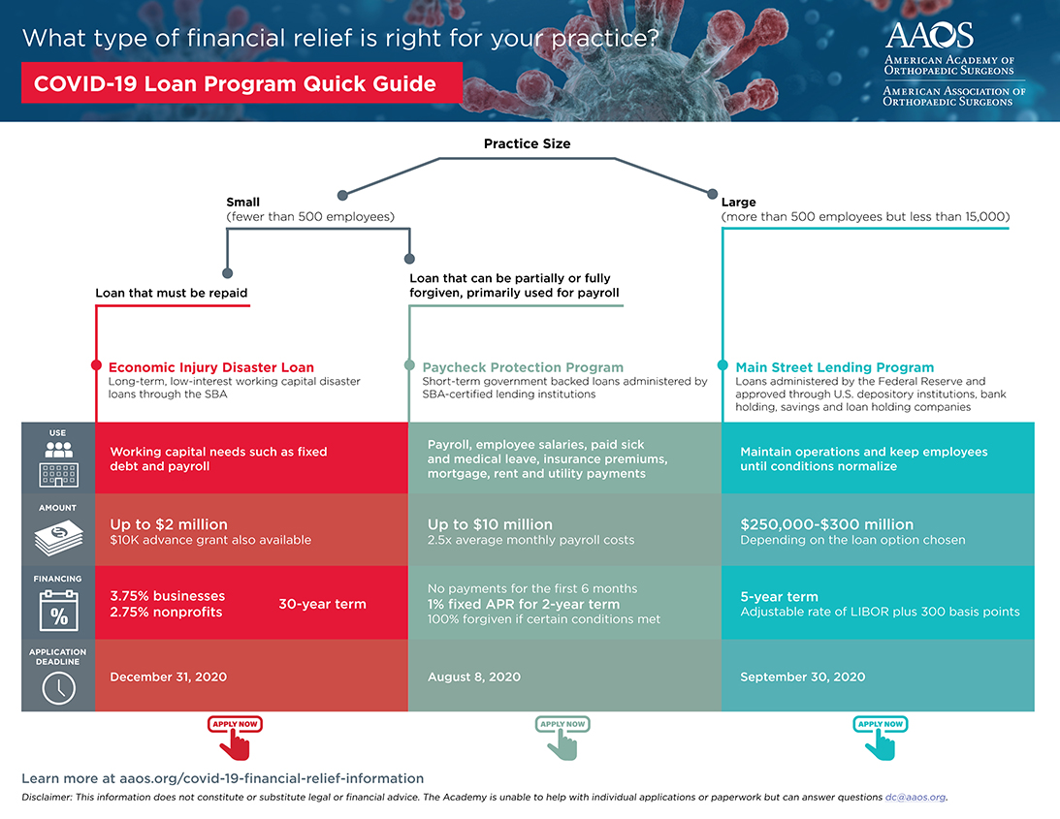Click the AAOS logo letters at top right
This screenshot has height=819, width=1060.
tap(929, 35)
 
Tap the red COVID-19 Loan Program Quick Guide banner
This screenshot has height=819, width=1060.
tap(235, 83)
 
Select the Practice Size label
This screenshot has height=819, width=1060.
tap(527, 143)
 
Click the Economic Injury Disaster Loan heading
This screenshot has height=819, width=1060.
tap(211, 367)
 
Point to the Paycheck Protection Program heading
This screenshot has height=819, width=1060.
tap(523, 367)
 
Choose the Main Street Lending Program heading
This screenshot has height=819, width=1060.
tap(835, 367)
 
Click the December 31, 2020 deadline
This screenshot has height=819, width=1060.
tap(169, 677)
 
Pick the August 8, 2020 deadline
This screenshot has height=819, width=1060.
tap(474, 677)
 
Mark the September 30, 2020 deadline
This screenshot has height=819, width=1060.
tap(803, 677)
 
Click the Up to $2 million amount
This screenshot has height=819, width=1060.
tap(169, 524)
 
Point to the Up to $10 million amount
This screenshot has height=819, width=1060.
tap(490, 524)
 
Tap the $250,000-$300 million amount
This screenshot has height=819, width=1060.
tap(827, 524)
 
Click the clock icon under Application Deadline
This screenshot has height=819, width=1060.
tap(58, 687)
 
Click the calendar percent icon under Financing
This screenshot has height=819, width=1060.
tap(58, 612)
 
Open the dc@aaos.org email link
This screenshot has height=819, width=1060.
tap(915, 797)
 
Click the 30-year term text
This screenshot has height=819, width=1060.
tap(322, 604)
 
